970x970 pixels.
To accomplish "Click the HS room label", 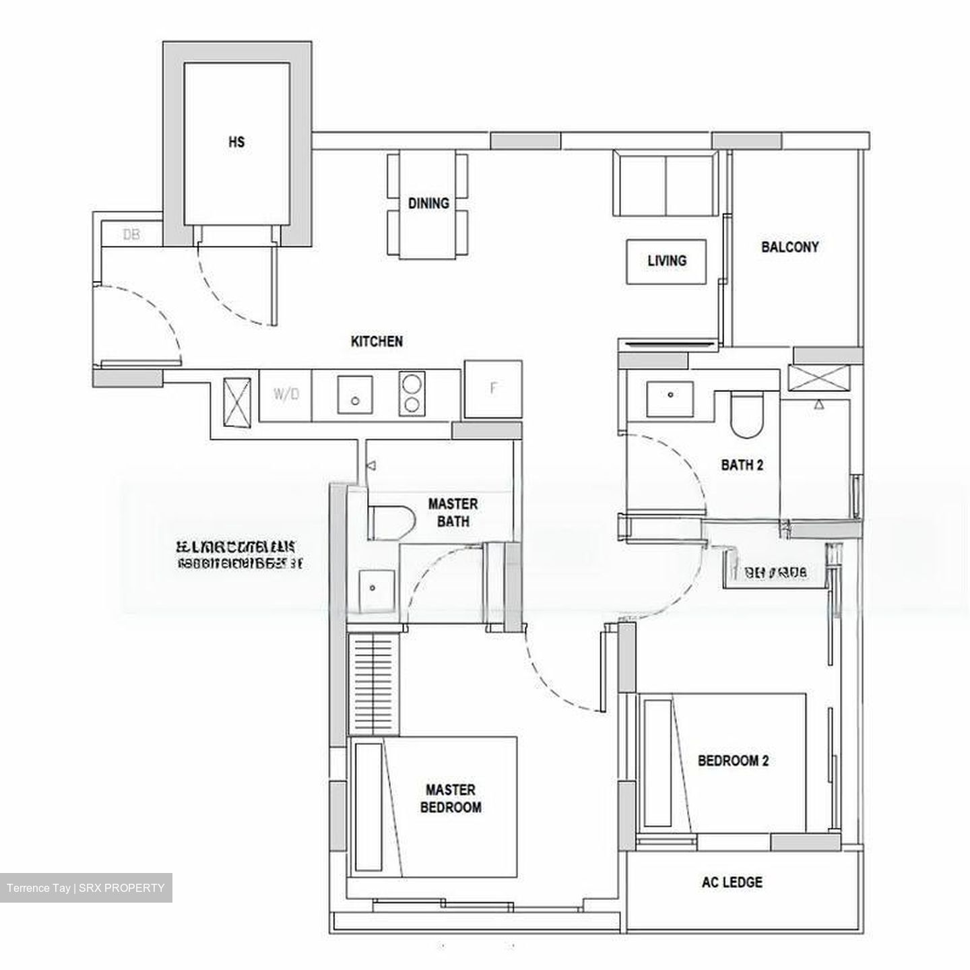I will coord(236,142).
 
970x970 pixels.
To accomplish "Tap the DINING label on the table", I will coord(428,203).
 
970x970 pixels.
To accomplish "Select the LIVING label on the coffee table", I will coord(667,261).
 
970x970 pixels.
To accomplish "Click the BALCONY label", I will coord(790,247).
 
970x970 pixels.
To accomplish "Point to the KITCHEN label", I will coord(377,342).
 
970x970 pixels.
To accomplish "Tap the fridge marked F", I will coord(493,389).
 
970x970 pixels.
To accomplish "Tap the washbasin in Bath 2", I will coord(670,399).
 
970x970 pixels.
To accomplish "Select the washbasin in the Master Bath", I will coord(373,591).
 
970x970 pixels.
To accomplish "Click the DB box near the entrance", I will coord(131,234).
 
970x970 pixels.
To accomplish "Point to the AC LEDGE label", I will coord(732,882).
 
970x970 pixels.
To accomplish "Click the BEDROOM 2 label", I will coord(733,761).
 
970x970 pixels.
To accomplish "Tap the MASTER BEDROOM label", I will coord(451,798).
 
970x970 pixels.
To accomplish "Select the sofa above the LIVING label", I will coord(666,183).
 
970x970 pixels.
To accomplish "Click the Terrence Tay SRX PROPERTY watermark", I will coord(86,888).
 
